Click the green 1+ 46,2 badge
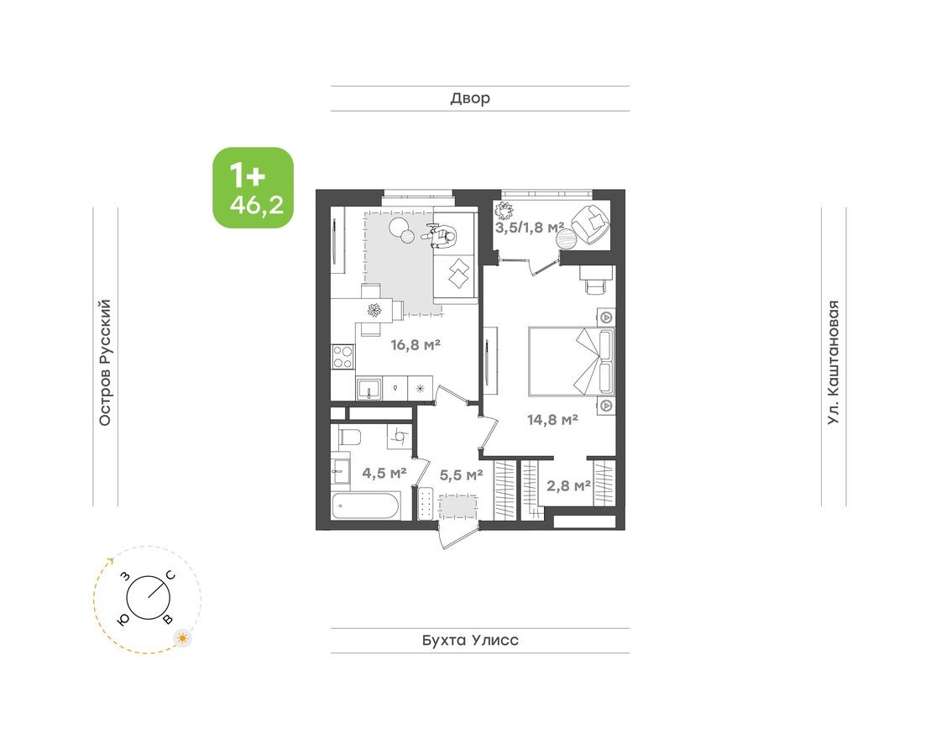(x=253, y=187)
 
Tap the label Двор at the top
(x=470, y=99)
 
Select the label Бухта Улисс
(x=470, y=641)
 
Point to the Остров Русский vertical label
(x=105, y=362)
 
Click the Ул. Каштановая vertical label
(x=834, y=362)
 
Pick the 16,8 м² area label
(x=416, y=343)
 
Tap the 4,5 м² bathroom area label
(x=384, y=473)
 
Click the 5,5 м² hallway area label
(x=461, y=474)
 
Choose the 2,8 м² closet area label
(x=568, y=485)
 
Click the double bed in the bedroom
(x=571, y=361)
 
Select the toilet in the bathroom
(x=348, y=437)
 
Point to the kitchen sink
(x=370, y=388)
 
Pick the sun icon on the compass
(x=182, y=638)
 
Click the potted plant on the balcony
(x=507, y=210)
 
